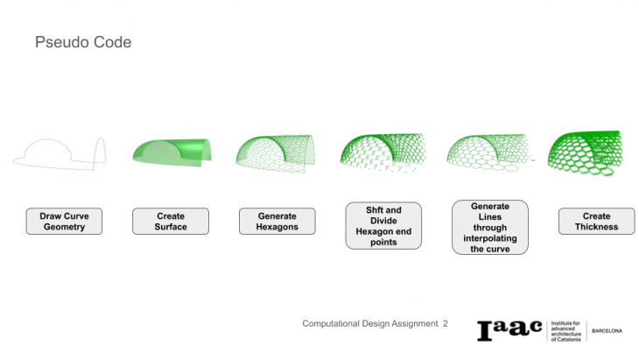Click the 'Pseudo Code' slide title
click(83, 42)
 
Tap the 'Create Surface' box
click(171, 222)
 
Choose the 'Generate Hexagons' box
click(277, 222)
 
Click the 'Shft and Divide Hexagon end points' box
click(383, 226)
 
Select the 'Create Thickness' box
click(596, 222)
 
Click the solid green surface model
click(171, 152)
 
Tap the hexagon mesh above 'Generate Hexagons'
click(277, 151)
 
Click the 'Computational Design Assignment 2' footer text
click(375, 323)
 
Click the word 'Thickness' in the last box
click(596, 227)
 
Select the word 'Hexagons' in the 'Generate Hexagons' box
click(277, 227)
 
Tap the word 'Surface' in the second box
click(171, 227)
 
